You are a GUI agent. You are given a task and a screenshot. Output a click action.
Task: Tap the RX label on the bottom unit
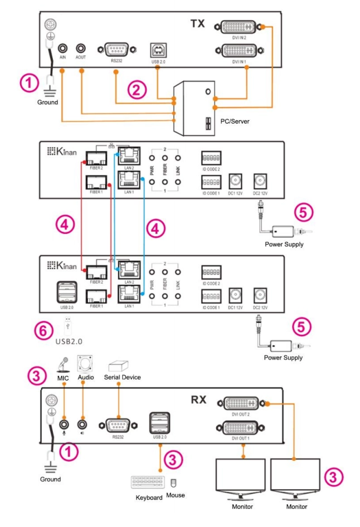pos(198,399)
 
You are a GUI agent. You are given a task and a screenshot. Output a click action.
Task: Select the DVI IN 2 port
pos(240,27)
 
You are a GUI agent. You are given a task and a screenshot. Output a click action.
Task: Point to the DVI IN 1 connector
pos(240,51)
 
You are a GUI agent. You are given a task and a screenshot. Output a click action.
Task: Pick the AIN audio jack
pos(64,49)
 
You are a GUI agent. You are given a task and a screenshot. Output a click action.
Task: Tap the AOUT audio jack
pos(81,49)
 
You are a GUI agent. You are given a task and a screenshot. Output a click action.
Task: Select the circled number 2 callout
pos(135,90)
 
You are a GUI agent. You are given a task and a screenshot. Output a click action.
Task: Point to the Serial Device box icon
pos(118,366)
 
